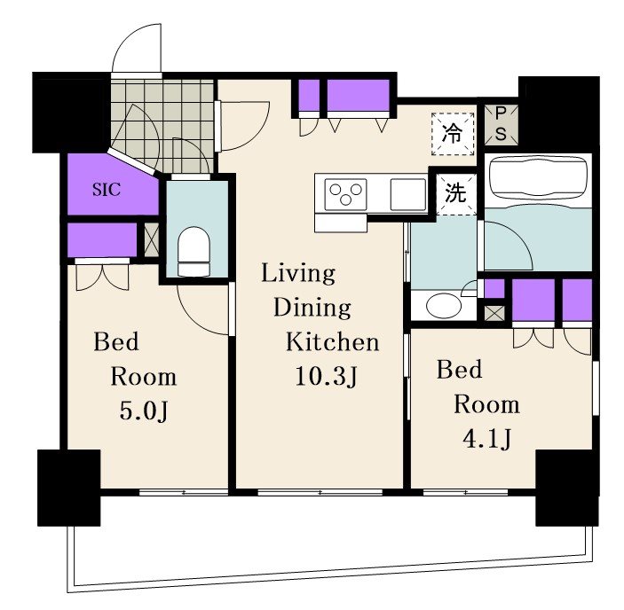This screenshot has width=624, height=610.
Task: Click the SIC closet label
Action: (107, 190)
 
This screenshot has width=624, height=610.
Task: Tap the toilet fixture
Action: (194, 251)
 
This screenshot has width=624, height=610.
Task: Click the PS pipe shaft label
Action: (501, 124)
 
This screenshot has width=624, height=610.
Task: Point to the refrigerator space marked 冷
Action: (453, 133)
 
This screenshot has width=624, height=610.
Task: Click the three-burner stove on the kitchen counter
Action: (345, 195)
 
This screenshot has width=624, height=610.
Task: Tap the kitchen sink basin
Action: (408, 194)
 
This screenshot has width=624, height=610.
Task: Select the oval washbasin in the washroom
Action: (444, 306)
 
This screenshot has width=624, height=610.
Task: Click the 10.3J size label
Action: (327, 376)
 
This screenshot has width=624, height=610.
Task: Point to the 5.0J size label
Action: (144, 411)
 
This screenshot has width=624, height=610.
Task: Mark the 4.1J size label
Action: (486, 439)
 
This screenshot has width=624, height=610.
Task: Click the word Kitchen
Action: (332, 342)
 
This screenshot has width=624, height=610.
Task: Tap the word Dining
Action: (312, 308)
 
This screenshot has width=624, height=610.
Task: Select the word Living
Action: (298, 274)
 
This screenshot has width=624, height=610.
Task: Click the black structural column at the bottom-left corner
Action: (69, 488)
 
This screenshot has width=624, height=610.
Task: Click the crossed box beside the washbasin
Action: (494, 313)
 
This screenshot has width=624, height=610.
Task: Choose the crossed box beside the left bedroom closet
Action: (152, 239)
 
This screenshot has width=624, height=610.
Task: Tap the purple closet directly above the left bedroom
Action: (102, 240)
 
